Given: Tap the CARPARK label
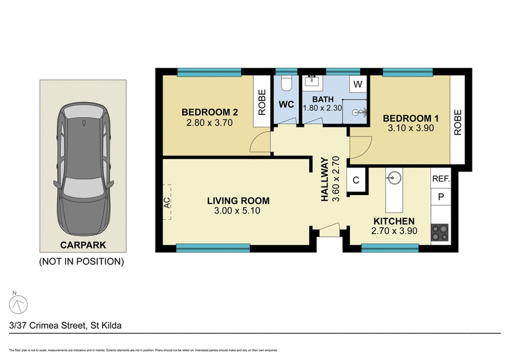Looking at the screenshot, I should click(x=82, y=245).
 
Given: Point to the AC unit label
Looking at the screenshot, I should click(x=167, y=202).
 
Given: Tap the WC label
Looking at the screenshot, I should click(x=286, y=105).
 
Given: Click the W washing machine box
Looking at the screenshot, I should click(x=358, y=84).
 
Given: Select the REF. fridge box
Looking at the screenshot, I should click(x=441, y=180).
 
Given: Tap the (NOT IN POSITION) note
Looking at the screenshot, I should click(x=82, y=261).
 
